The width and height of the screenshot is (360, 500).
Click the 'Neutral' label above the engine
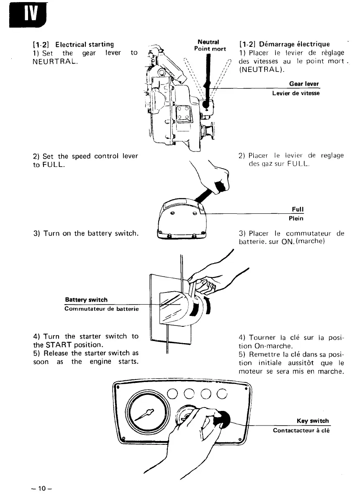coord(209,41)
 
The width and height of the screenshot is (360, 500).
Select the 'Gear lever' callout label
coord(304,84)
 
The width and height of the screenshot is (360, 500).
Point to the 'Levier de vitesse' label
coord(296,93)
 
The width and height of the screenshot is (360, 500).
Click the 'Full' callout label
coord(298,209)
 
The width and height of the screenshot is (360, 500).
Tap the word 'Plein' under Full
coord(296,218)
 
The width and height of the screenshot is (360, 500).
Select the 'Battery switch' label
coord(86,300)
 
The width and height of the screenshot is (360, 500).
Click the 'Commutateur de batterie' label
coord(101,309)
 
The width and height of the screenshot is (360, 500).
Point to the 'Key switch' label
coord(313,421)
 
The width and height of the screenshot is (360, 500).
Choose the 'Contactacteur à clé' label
coord(301,430)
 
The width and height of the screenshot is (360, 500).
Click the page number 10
coord(41,488)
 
